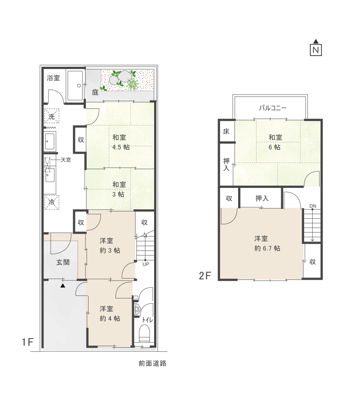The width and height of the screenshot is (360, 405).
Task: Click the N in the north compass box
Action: coord(316,50)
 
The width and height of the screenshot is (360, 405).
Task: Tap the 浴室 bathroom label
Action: coord(54,78)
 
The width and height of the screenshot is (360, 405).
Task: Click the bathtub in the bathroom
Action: coord(75,85)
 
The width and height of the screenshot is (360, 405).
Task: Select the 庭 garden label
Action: coord(95,92)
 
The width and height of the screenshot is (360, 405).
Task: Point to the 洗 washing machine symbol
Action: coord(52,116)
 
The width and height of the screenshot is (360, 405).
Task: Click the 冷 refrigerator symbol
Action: coord(52,202)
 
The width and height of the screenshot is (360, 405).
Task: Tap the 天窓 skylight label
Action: coord(66,160)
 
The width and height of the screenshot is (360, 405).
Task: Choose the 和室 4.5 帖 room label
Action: coord(121,142)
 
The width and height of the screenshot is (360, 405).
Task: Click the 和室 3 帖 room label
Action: coord(119,190)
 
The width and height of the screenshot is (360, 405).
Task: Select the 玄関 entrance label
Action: coord(63,262)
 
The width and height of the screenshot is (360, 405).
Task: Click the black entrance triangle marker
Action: coord(63,286)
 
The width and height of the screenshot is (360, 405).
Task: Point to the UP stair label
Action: coord(145,264)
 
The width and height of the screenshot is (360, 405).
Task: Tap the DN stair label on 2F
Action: coord(312,206)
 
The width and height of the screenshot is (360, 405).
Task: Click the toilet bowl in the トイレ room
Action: coord(144,334)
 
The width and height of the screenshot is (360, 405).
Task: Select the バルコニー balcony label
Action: coord(273,108)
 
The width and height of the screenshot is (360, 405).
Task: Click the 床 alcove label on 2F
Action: coord(226,132)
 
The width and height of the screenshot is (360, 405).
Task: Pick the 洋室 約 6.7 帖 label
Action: coord(267,244)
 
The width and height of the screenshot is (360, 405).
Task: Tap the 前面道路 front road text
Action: coord(152,363)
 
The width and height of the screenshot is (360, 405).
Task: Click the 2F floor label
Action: coord(205,276)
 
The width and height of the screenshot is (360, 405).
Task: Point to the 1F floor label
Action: coord(28,342)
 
